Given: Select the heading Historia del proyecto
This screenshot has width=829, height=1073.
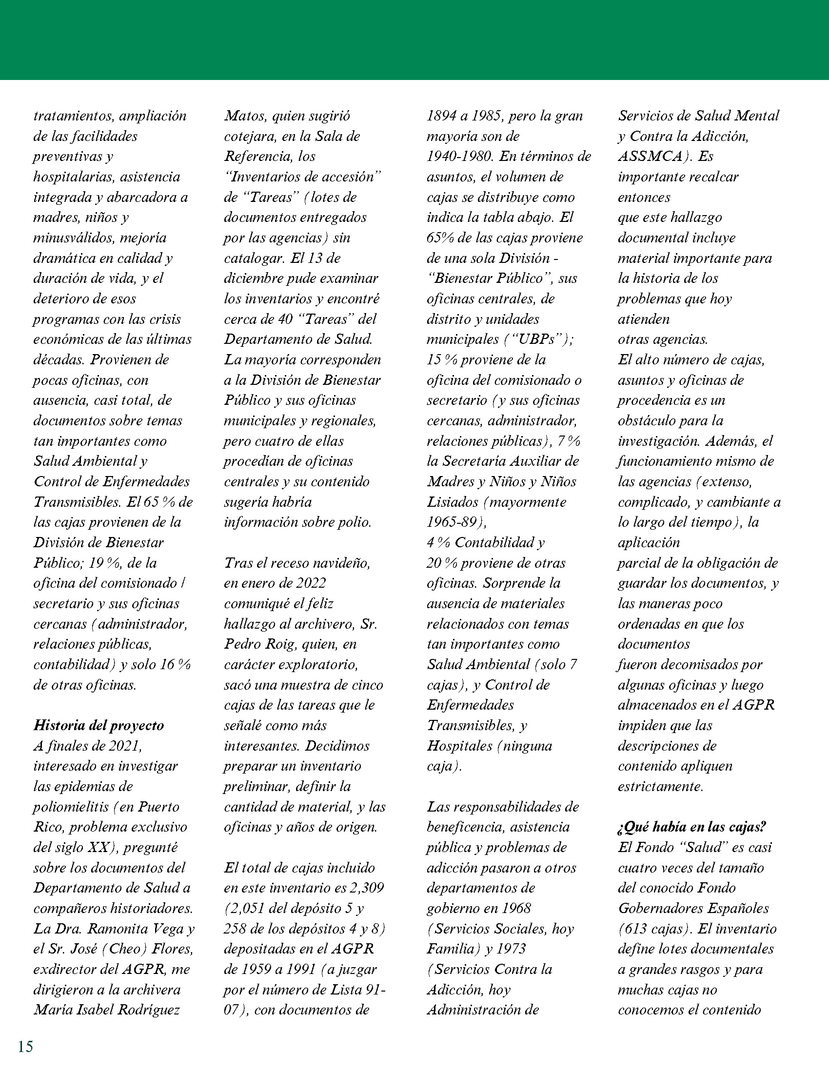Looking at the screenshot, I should [x=98, y=725].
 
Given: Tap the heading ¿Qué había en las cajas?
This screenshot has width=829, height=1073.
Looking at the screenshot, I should [x=692, y=827].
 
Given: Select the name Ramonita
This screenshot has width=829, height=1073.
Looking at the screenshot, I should [x=118, y=929].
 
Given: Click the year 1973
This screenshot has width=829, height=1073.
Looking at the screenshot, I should [x=511, y=949].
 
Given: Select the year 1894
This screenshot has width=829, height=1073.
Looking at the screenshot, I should [x=441, y=116].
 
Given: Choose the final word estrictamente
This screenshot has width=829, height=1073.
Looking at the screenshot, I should [x=660, y=786].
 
